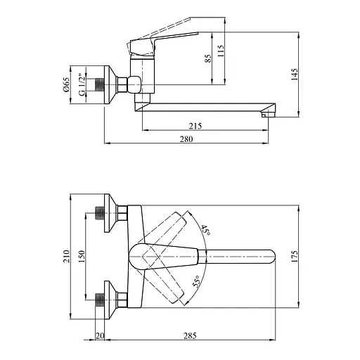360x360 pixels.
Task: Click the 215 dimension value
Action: (x=195, y=126)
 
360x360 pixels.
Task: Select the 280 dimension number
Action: (x=186, y=139)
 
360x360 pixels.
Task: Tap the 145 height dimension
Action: (x=295, y=75)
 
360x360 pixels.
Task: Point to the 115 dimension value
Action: (x=221, y=51)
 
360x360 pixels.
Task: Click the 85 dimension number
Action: (x=208, y=58)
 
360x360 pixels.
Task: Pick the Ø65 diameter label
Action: (x=67, y=84)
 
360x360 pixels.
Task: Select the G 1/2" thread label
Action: (x=82, y=85)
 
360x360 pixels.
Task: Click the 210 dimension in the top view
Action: (x=67, y=256)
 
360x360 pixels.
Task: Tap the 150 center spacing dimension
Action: (x=81, y=256)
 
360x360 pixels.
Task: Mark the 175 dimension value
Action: (x=295, y=256)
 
